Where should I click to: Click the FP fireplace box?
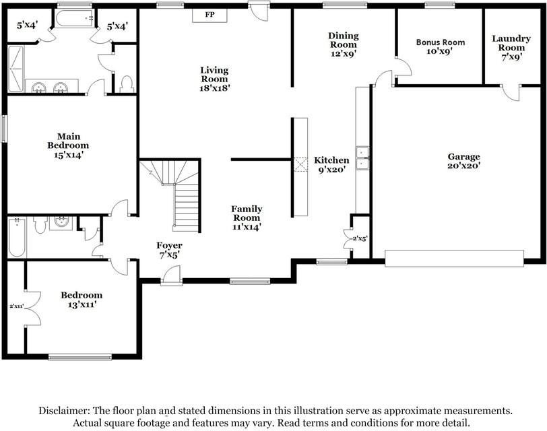point(210,15)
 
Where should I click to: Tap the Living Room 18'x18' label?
point(214,79)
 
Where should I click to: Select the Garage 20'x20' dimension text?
point(463,166)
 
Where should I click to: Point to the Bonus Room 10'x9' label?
point(441,46)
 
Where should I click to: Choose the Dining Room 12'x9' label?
point(344,44)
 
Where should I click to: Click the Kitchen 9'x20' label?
point(331,165)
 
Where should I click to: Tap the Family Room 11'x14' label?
point(247,218)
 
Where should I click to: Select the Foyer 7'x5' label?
point(169,251)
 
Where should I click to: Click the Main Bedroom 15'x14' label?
point(69,145)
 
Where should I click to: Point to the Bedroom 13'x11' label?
point(82,300)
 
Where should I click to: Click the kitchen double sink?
point(362,158)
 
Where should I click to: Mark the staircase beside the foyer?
point(174,195)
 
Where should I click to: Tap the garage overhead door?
point(454,259)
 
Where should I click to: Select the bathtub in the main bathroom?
point(75,18)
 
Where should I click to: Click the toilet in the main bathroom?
point(127,84)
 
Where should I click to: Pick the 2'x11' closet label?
point(16,306)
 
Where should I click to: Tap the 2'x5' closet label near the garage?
point(360,238)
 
